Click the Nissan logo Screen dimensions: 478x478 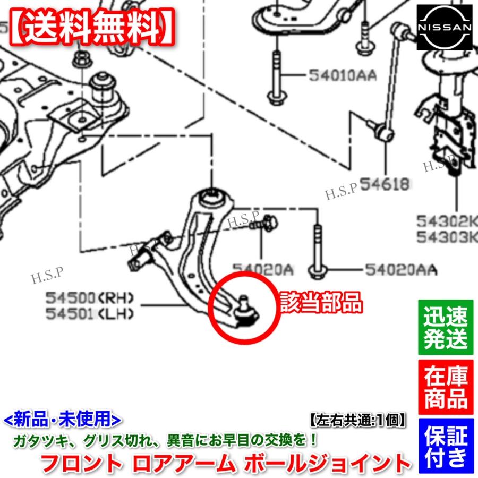444,27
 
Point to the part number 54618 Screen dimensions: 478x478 385,184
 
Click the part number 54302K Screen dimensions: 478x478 446,220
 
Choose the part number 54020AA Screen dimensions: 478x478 400,271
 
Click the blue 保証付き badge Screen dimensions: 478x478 446,446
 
